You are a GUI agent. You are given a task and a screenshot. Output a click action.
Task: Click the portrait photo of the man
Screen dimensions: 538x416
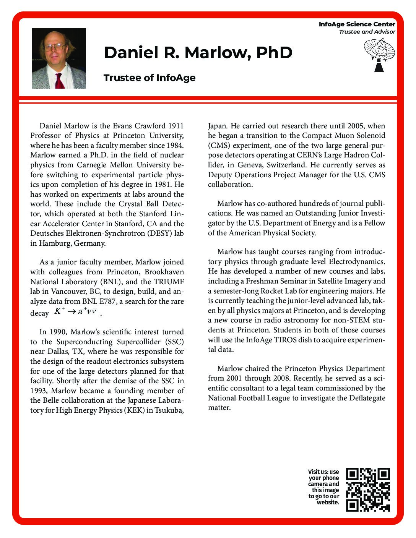pyautogui.click(x=59, y=58)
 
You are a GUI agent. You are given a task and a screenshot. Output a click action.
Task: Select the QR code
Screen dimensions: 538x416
pyautogui.click(x=368, y=489)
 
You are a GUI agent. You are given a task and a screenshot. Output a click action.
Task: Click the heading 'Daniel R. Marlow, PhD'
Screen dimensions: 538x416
pyautogui.click(x=198, y=52)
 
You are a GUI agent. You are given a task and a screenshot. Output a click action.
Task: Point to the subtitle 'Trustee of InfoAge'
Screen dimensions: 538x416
pyautogui.click(x=149, y=78)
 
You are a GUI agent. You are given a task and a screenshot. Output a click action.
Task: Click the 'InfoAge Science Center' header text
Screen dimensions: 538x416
pyautogui.click(x=357, y=24)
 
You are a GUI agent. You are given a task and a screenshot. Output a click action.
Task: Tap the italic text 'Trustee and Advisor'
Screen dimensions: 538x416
pyautogui.click(x=367, y=32)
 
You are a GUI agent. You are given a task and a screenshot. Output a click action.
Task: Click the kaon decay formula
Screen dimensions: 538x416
pyautogui.click(x=76, y=312)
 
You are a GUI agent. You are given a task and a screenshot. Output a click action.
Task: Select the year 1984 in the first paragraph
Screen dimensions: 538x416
pyautogui.click(x=175, y=145)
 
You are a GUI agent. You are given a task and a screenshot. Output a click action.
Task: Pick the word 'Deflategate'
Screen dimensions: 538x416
pyautogui.click(x=367, y=398)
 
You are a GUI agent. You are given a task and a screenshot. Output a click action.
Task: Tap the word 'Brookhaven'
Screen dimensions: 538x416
pyautogui.click(x=164, y=272)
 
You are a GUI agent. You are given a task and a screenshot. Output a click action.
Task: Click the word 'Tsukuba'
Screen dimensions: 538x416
pyautogui.click(x=169, y=410)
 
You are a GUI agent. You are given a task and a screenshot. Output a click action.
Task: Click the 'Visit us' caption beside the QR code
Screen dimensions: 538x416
pyautogui.click(x=324, y=487)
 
